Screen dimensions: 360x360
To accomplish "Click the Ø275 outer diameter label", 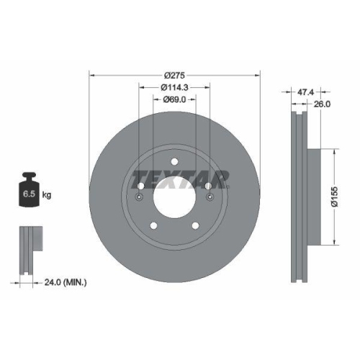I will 174,74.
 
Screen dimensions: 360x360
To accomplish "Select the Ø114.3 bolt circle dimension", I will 174,87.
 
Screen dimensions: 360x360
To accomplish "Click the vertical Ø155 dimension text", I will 333,196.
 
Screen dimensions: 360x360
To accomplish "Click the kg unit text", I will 47,195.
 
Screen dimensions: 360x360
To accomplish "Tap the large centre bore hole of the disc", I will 174,196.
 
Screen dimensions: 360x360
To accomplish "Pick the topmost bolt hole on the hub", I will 174,163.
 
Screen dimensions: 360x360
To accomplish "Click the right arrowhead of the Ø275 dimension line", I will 255,74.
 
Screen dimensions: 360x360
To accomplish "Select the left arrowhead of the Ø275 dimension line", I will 92,74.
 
